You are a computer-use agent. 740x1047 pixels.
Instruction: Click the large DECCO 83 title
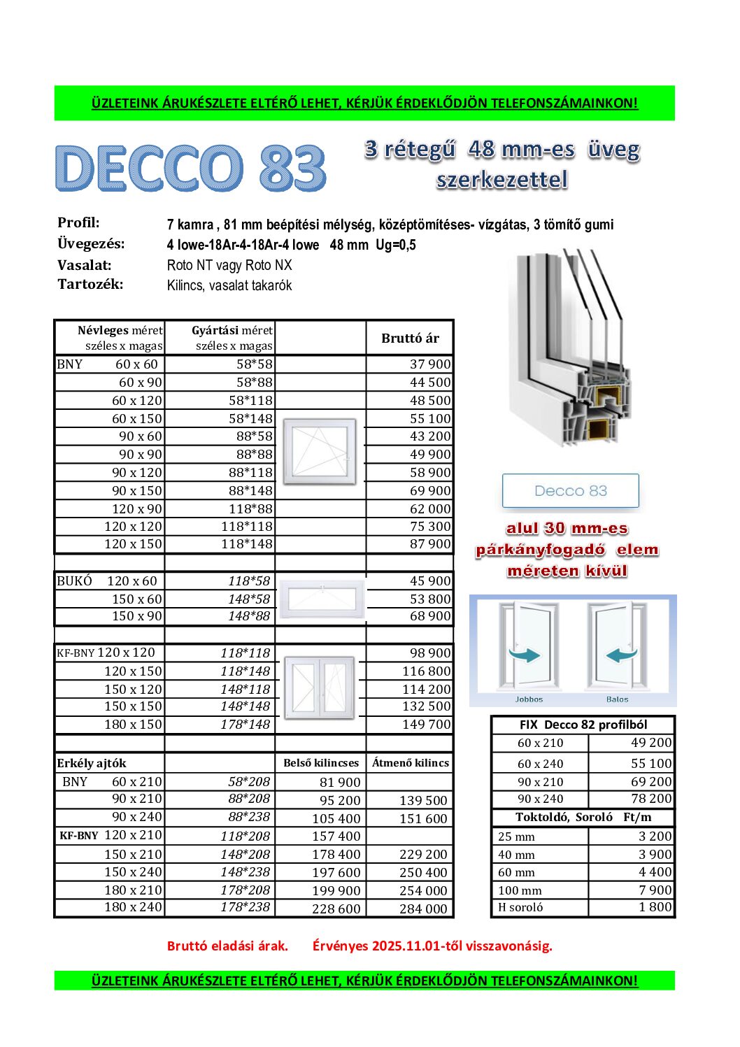tap(190, 169)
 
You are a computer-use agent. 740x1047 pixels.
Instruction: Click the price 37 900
tap(430, 364)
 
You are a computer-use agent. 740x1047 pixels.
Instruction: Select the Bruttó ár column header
tap(410, 339)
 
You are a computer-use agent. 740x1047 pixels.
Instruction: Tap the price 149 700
tap(427, 725)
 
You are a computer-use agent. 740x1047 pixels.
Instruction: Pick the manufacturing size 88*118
tap(250, 473)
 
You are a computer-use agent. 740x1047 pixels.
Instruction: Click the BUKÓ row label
tap(74, 581)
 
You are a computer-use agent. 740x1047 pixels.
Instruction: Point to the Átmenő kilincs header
tap(411, 763)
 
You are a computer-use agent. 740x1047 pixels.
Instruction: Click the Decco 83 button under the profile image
tap(570, 491)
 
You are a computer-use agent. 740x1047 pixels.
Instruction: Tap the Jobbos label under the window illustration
tap(529, 699)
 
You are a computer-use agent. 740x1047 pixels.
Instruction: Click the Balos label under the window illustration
tap(617, 699)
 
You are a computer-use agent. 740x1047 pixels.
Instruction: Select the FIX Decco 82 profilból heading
tap(583, 725)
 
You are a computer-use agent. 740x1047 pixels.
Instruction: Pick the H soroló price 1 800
tap(655, 907)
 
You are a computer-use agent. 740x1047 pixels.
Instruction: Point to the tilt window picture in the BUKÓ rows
tap(321, 599)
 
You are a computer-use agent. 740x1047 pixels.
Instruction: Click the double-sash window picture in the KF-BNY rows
tap(320, 688)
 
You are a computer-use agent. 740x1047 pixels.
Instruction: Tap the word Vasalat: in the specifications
tap(84, 266)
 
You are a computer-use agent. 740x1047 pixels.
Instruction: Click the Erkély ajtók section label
tap(91, 764)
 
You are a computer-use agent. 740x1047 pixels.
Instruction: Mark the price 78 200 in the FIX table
tap(651, 799)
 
